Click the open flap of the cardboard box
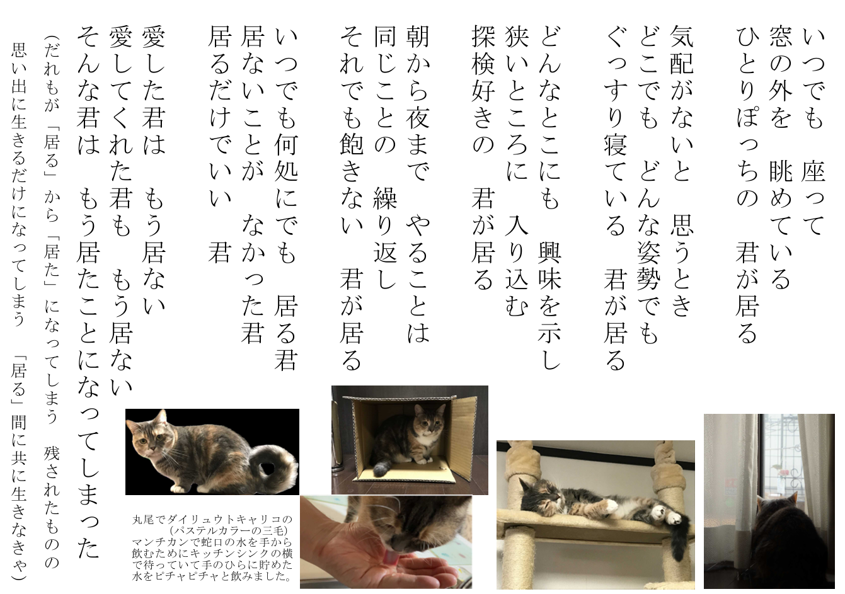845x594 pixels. pos(468,438)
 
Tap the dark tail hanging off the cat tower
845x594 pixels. pos(679,542)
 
